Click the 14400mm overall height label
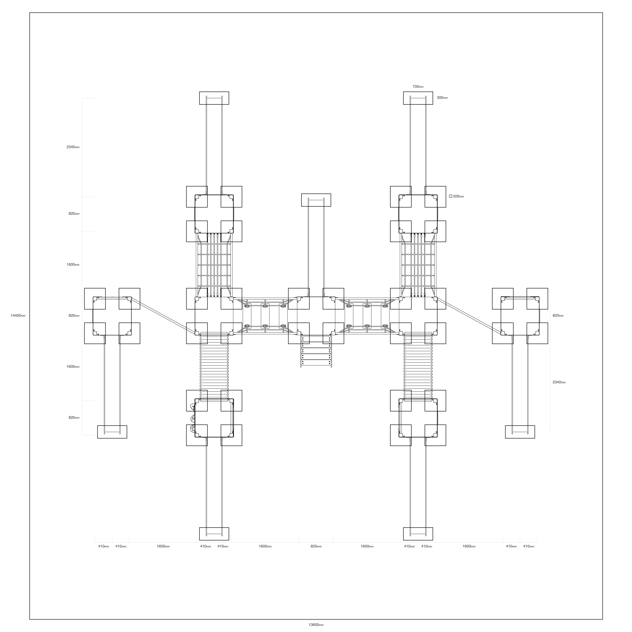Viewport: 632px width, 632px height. tap(18, 316)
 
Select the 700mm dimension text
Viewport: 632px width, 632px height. tap(418, 87)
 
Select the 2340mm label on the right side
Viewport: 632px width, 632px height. tap(559, 382)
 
